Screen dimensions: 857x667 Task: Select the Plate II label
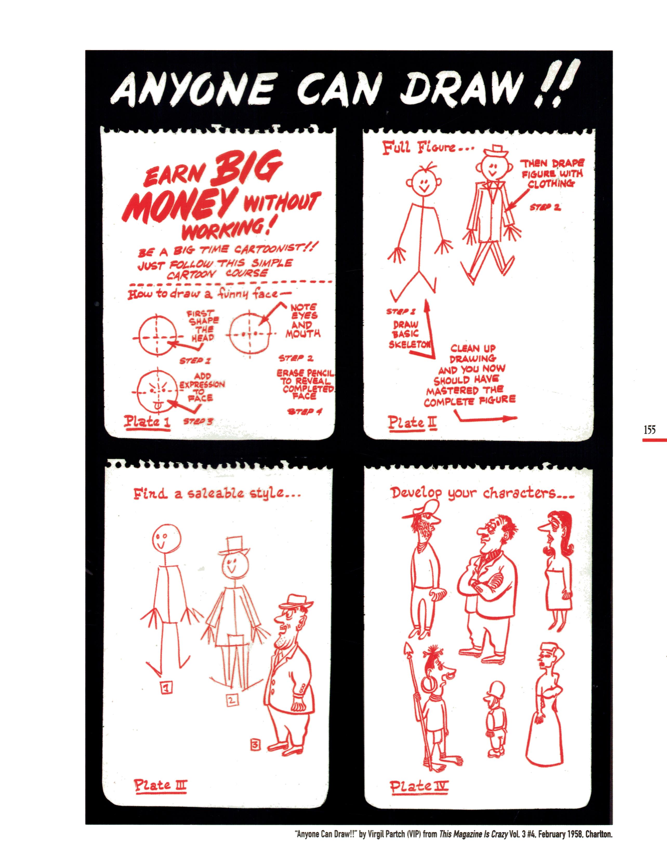click(x=407, y=423)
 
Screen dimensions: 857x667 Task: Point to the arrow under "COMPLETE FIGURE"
click(x=485, y=418)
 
